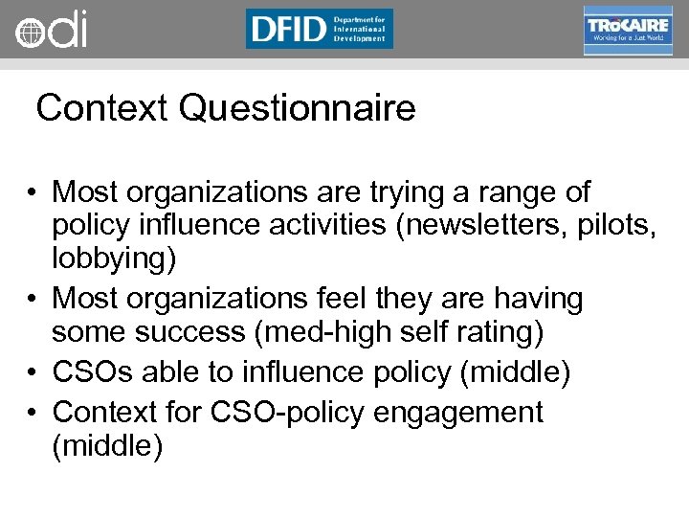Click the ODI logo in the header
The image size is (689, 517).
click(x=50, y=30)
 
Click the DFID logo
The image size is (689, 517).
click(x=319, y=29)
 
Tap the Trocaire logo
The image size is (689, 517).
click(x=628, y=30)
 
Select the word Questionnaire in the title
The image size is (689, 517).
click(x=297, y=108)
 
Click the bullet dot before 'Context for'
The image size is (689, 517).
click(x=33, y=413)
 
